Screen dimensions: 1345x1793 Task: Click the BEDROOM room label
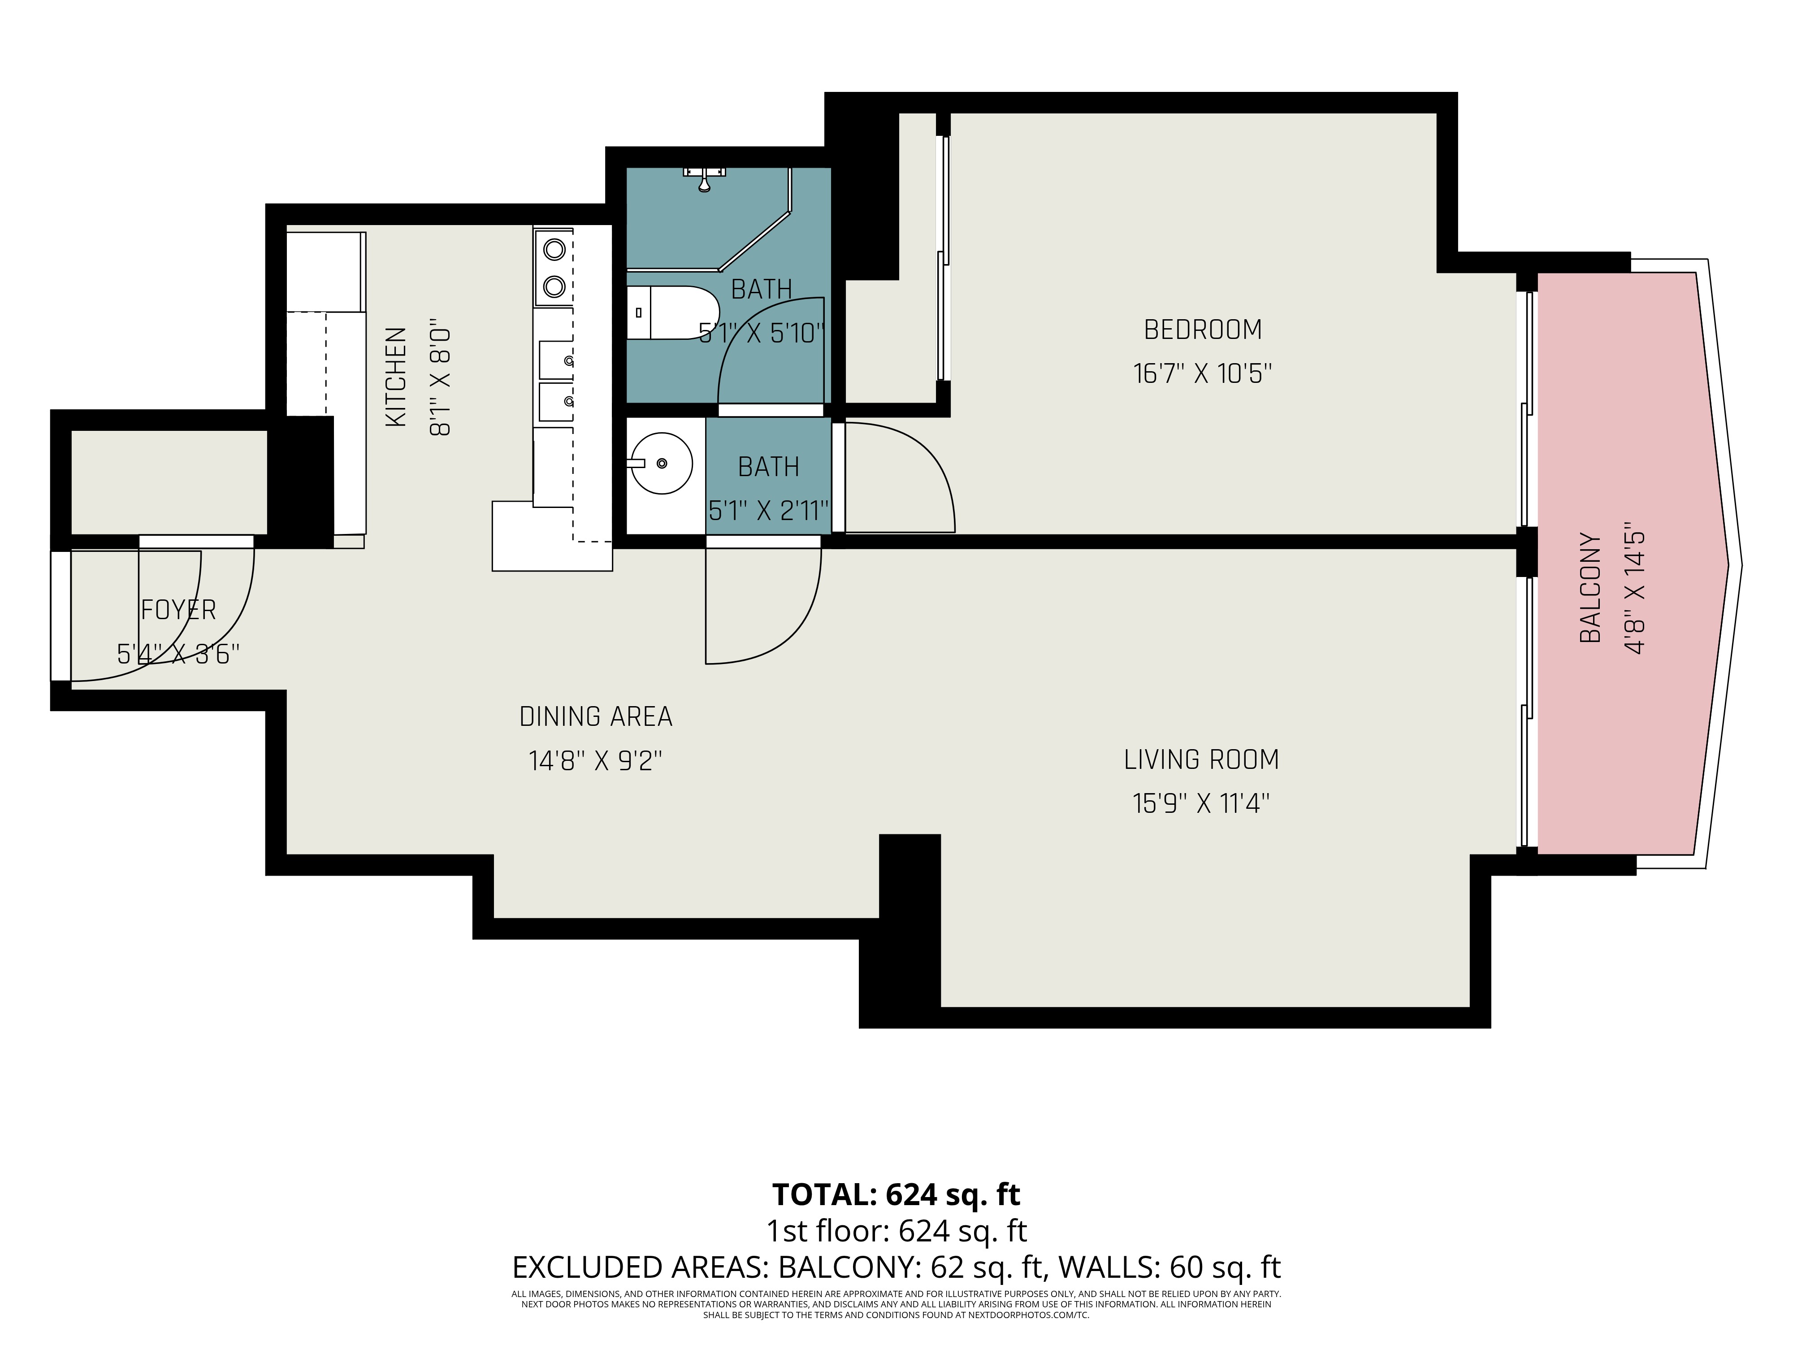[x=1202, y=330]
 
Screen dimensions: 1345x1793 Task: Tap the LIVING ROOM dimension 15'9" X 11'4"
[x=1200, y=803]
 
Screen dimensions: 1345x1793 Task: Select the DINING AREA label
[x=596, y=717]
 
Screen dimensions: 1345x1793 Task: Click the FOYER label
[x=178, y=610]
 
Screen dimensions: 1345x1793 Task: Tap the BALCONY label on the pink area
[x=1590, y=588]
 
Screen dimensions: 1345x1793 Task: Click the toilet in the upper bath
[x=673, y=312]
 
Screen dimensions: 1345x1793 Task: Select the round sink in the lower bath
[x=662, y=463]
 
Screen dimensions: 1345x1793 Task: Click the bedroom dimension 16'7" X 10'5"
[x=1202, y=374]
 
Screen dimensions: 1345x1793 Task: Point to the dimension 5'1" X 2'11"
[x=768, y=511]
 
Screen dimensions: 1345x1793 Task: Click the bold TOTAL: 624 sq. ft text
[x=896, y=1194]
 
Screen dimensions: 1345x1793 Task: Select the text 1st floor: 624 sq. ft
[x=896, y=1231]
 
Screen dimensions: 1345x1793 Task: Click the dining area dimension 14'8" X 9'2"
[x=596, y=760]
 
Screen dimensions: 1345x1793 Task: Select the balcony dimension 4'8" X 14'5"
[x=1634, y=588]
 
